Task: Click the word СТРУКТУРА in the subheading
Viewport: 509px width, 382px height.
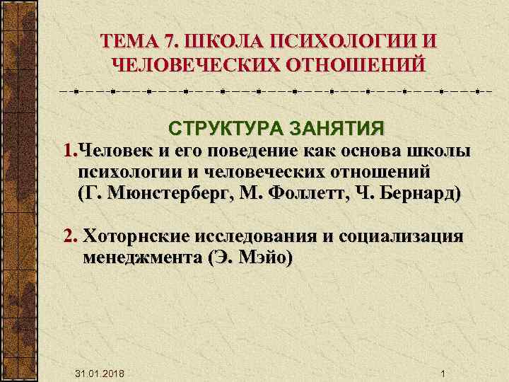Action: [x=218, y=130]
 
